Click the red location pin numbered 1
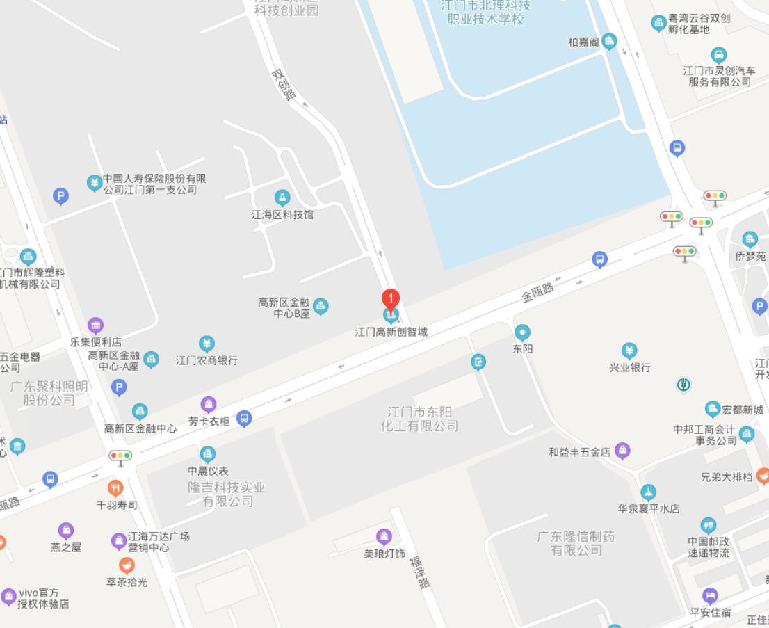tap(391, 300)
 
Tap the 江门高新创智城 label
tap(391, 332)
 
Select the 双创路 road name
tap(284, 84)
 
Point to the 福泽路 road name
tap(420, 572)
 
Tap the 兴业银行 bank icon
tap(629, 351)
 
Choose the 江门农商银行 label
tap(207, 360)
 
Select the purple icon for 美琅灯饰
tap(384, 536)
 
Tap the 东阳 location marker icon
tap(522, 332)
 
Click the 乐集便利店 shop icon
tap(96, 325)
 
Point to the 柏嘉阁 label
tap(583, 42)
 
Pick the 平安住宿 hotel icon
tap(709, 595)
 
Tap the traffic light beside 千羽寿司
tap(120, 457)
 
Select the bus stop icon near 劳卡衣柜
tap(244, 418)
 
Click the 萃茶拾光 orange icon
tap(127, 565)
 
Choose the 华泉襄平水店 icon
tap(649, 492)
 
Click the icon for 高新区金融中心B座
tap(321, 305)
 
